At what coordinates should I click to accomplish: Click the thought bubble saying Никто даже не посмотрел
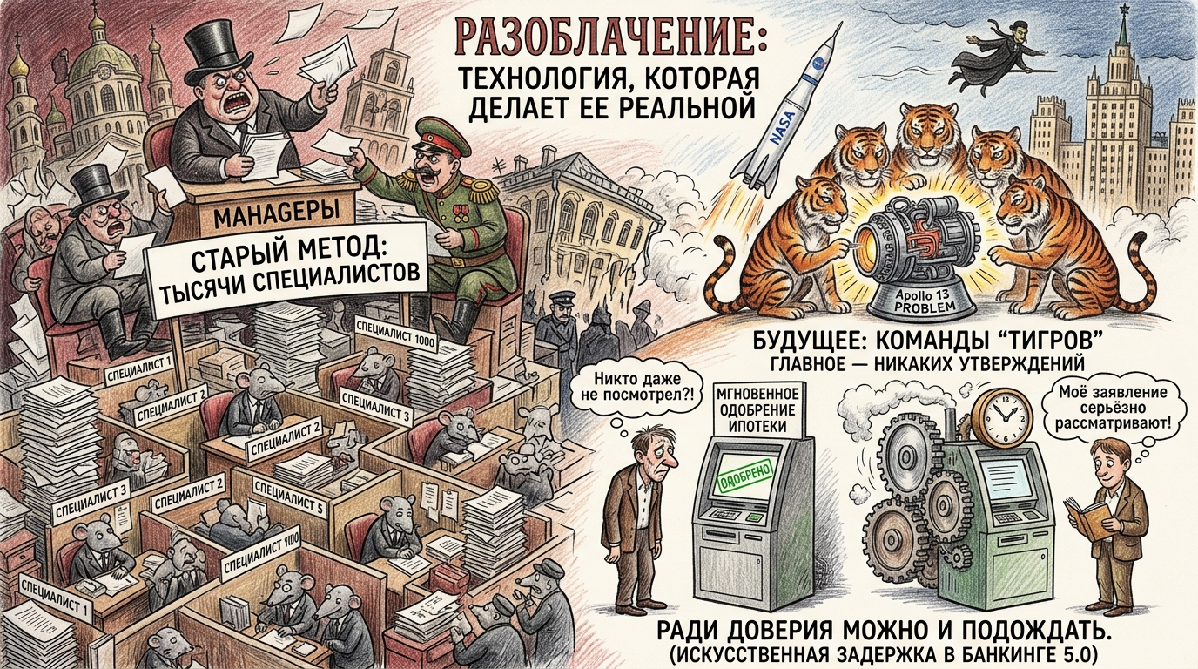(x=637, y=389)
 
